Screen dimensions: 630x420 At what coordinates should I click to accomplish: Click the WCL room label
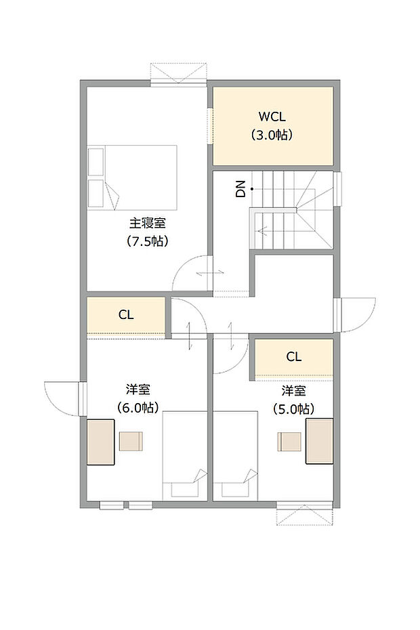pyautogui.click(x=272, y=115)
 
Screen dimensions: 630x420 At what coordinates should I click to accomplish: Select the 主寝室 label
pyautogui.click(x=147, y=222)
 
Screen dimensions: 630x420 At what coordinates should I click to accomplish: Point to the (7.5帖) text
pyautogui.click(x=147, y=240)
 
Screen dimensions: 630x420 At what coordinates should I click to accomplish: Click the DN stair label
pyautogui.click(x=240, y=190)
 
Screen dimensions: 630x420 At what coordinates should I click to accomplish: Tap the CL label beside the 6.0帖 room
pyautogui.click(x=126, y=314)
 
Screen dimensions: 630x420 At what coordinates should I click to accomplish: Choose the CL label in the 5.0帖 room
pyautogui.click(x=293, y=356)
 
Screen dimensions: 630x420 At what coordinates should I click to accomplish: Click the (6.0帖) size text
pyautogui.click(x=138, y=408)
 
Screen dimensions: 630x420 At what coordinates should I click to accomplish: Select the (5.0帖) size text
pyautogui.click(x=293, y=408)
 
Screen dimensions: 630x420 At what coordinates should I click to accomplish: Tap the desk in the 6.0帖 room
pyautogui.click(x=100, y=442)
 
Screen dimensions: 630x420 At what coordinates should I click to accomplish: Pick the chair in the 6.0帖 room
pyautogui.click(x=131, y=441)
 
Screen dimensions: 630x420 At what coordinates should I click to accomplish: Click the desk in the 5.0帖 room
pyautogui.click(x=319, y=441)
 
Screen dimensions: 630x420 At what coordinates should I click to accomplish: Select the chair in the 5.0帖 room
pyautogui.click(x=289, y=441)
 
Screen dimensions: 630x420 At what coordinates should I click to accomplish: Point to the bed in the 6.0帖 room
pyautogui.click(x=184, y=455)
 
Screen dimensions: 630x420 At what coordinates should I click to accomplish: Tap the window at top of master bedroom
pyautogui.click(x=177, y=73)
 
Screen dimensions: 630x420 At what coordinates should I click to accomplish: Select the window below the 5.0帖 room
pyautogui.click(x=305, y=513)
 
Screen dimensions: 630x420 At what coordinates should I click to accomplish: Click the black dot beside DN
pyautogui.click(x=251, y=188)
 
